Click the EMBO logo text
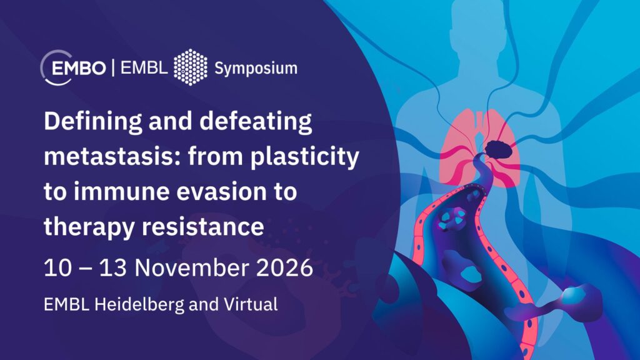(x=79, y=67)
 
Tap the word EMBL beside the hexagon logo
(x=144, y=67)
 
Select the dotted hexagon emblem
(x=191, y=67)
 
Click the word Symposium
(x=256, y=69)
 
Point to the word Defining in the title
(x=93, y=122)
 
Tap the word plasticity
(x=305, y=157)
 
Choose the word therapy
(x=89, y=227)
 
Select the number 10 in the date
(x=58, y=267)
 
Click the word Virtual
(x=251, y=304)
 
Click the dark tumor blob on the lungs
(x=499, y=149)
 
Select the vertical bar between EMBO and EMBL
(x=113, y=67)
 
